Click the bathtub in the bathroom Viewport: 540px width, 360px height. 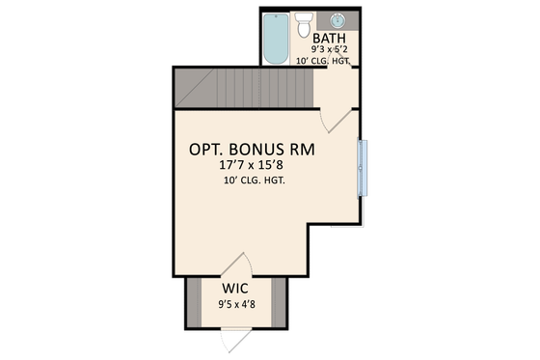(x=277, y=39)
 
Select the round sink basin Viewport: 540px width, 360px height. (x=338, y=19)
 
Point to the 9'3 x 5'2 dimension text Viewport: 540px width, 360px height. (x=329, y=48)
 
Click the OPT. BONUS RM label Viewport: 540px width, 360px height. (x=254, y=152)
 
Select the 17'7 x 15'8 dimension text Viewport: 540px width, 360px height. (x=254, y=167)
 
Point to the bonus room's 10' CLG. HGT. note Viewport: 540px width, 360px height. (x=254, y=181)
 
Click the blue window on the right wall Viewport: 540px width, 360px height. (x=363, y=168)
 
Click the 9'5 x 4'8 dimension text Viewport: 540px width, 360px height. (x=236, y=307)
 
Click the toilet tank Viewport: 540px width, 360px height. (x=305, y=15)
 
